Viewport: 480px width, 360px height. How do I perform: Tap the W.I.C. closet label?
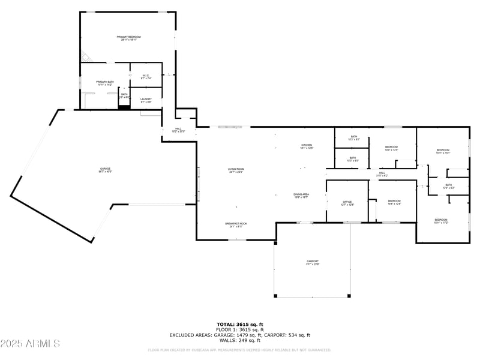(146, 77)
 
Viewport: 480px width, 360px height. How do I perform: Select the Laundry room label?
(146, 100)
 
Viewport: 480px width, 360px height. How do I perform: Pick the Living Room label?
(236, 170)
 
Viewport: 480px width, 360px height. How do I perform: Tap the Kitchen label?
(307, 146)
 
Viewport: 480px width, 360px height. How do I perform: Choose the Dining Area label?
(301, 196)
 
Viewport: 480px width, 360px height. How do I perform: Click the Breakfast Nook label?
(236, 225)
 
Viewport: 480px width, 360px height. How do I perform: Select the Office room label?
(347, 203)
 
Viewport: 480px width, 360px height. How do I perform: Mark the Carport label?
(313, 262)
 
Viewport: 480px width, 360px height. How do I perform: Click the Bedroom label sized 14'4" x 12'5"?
(391, 148)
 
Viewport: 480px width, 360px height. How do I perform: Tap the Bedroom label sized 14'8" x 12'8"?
(394, 202)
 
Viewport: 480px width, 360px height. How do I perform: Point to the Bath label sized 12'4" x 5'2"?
(448, 187)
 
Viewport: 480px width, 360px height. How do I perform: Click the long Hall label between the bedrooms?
(382, 174)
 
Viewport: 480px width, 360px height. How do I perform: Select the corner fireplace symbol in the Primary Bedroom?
(85, 58)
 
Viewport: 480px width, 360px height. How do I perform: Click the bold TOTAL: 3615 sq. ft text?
(240, 324)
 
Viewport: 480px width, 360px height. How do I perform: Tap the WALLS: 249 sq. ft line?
(240, 340)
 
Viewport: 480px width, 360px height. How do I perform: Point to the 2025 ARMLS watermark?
(30, 344)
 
